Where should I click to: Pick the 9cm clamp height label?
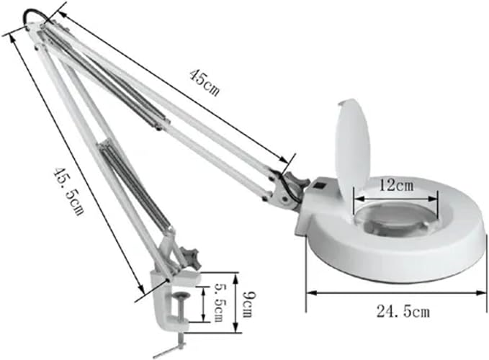(247, 302)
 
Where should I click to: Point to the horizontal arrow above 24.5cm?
(396, 292)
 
